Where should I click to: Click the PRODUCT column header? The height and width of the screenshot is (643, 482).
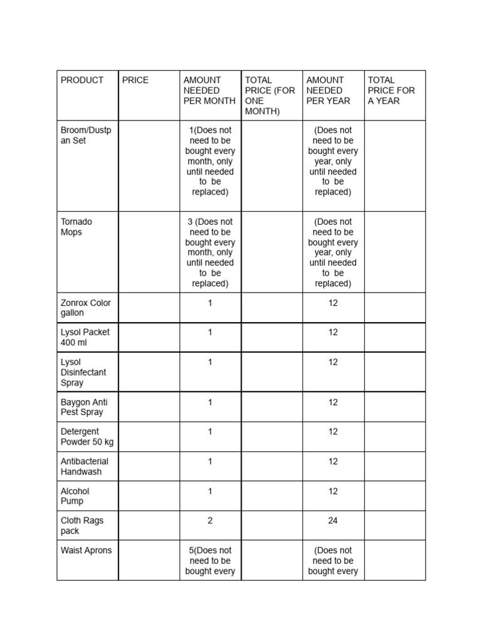[x=82, y=80]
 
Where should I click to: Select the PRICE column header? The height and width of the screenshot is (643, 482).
[x=136, y=80]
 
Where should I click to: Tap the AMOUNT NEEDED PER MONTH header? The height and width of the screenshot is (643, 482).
[x=210, y=90]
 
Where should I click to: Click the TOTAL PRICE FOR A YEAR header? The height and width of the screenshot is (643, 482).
[x=391, y=90]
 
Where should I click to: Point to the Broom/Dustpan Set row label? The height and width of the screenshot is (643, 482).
[x=86, y=136]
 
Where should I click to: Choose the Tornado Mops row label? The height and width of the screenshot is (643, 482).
[x=77, y=227]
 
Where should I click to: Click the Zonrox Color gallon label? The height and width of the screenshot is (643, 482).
[x=86, y=308]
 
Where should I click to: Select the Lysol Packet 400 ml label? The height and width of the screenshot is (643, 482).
[x=85, y=337]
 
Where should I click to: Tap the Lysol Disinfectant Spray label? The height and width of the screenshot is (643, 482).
[x=83, y=372]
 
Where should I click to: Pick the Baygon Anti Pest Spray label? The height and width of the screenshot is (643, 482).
[x=84, y=407]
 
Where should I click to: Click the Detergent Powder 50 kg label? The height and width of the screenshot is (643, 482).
[x=87, y=436]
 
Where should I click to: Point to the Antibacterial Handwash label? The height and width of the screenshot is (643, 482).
[x=85, y=467]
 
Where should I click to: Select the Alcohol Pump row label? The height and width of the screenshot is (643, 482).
[x=75, y=496]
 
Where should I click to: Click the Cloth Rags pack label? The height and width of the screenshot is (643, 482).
[x=82, y=526]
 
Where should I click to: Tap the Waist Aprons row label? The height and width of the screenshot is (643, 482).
[x=87, y=551]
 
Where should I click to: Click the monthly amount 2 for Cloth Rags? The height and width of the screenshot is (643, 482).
[x=210, y=521]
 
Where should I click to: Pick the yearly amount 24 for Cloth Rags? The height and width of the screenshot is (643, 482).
[x=333, y=521]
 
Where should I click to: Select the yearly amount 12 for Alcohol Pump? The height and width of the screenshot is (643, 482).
[x=333, y=491]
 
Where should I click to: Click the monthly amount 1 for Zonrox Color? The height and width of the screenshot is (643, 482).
[x=210, y=303]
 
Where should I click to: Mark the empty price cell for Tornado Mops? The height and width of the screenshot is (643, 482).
[x=149, y=252]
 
